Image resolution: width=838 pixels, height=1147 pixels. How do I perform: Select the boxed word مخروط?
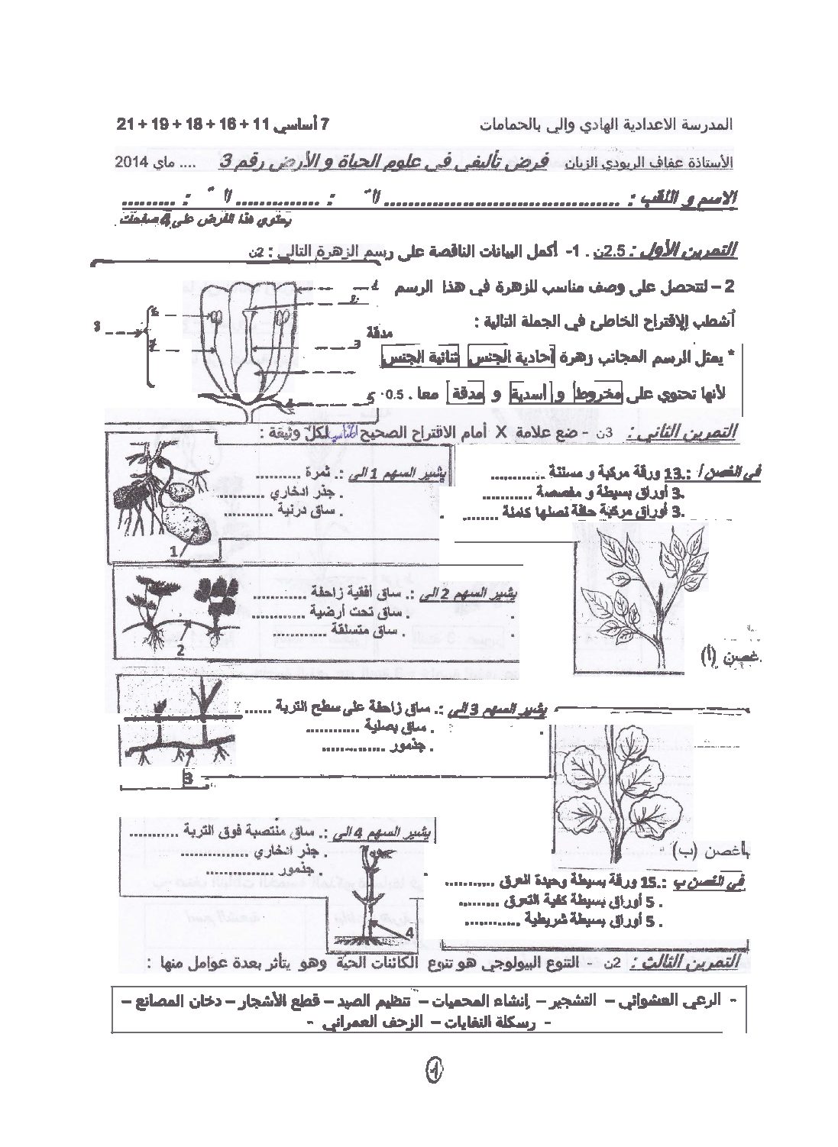click(600, 394)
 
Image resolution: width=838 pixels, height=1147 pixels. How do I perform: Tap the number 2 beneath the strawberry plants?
click(181, 651)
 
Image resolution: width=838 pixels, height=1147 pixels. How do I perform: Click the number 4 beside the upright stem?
click(409, 932)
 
